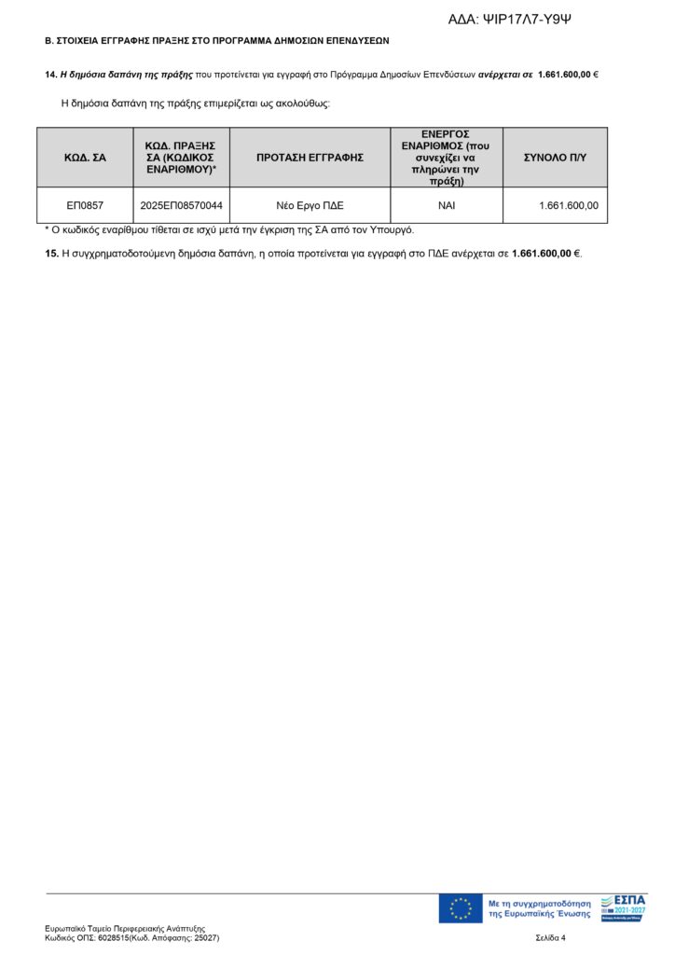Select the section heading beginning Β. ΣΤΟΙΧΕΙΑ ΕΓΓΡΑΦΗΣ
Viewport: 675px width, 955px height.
[x=217, y=41]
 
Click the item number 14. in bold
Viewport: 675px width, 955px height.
[x=50, y=74]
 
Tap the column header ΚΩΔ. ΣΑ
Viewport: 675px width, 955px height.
[x=85, y=158]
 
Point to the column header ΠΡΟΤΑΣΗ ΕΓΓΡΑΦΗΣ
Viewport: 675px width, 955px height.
[x=310, y=158]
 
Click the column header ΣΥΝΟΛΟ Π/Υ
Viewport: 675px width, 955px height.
[x=555, y=158]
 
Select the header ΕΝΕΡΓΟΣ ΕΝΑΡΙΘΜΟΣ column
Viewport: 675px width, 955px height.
[x=446, y=158]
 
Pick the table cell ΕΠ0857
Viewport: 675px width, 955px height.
[x=85, y=205]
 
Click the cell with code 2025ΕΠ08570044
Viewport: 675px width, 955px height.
[x=181, y=205]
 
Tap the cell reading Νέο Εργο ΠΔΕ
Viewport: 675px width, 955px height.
[x=310, y=205]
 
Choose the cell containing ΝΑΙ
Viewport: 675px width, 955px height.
[x=446, y=205]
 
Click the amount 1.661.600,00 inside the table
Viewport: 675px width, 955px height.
[x=568, y=205]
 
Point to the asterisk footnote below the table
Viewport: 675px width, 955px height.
[x=229, y=229]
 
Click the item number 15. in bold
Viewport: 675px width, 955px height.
[x=52, y=253]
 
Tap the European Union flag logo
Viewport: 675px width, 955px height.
[x=461, y=908]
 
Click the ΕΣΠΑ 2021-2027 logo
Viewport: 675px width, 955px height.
[x=623, y=908]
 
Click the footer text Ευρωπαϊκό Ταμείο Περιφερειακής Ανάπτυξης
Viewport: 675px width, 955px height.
[x=125, y=929]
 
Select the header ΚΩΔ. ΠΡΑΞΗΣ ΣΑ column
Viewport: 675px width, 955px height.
[x=181, y=158]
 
